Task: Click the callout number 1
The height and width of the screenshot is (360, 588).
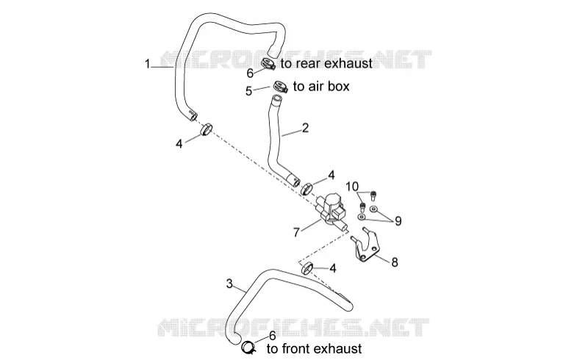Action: (148, 64)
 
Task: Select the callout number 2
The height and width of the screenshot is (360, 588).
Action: (305, 129)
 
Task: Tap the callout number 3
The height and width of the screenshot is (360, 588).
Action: (229, 284)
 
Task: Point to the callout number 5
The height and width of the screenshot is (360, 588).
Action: (248, 91)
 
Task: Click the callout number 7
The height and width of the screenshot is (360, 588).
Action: (296, 233)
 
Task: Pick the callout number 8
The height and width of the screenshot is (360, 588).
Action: (395, 262)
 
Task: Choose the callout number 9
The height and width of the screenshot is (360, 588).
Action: (398, 221)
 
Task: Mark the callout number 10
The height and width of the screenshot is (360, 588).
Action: (352, 187)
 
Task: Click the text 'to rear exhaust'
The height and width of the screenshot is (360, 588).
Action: (326, 63)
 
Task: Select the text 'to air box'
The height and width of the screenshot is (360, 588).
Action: (321, 86)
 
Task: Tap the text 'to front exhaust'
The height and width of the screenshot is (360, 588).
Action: (315, 349)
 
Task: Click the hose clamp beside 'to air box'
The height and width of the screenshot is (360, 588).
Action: (280, 87)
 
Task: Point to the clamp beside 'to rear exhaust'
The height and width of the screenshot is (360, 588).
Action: (268, 63)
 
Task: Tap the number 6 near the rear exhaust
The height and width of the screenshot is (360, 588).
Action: (250, 73)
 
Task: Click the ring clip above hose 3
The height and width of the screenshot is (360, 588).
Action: (306, 269)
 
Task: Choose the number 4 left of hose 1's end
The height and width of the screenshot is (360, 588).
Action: (179, 143)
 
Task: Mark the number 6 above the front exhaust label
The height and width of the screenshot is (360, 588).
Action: (273, 335)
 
